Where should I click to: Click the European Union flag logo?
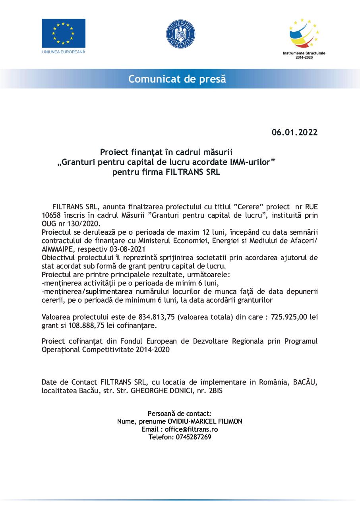[64, 33]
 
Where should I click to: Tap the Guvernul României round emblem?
[180, 34]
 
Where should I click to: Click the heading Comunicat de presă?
[177, 79]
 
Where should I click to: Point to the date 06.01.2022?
[294, 133]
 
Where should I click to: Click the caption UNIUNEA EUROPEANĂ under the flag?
[64, 52]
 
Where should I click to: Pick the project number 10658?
[50, 215]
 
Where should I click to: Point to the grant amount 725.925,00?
[288, 317]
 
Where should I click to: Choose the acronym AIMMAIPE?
[56, 249]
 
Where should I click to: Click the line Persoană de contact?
[180, 413]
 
